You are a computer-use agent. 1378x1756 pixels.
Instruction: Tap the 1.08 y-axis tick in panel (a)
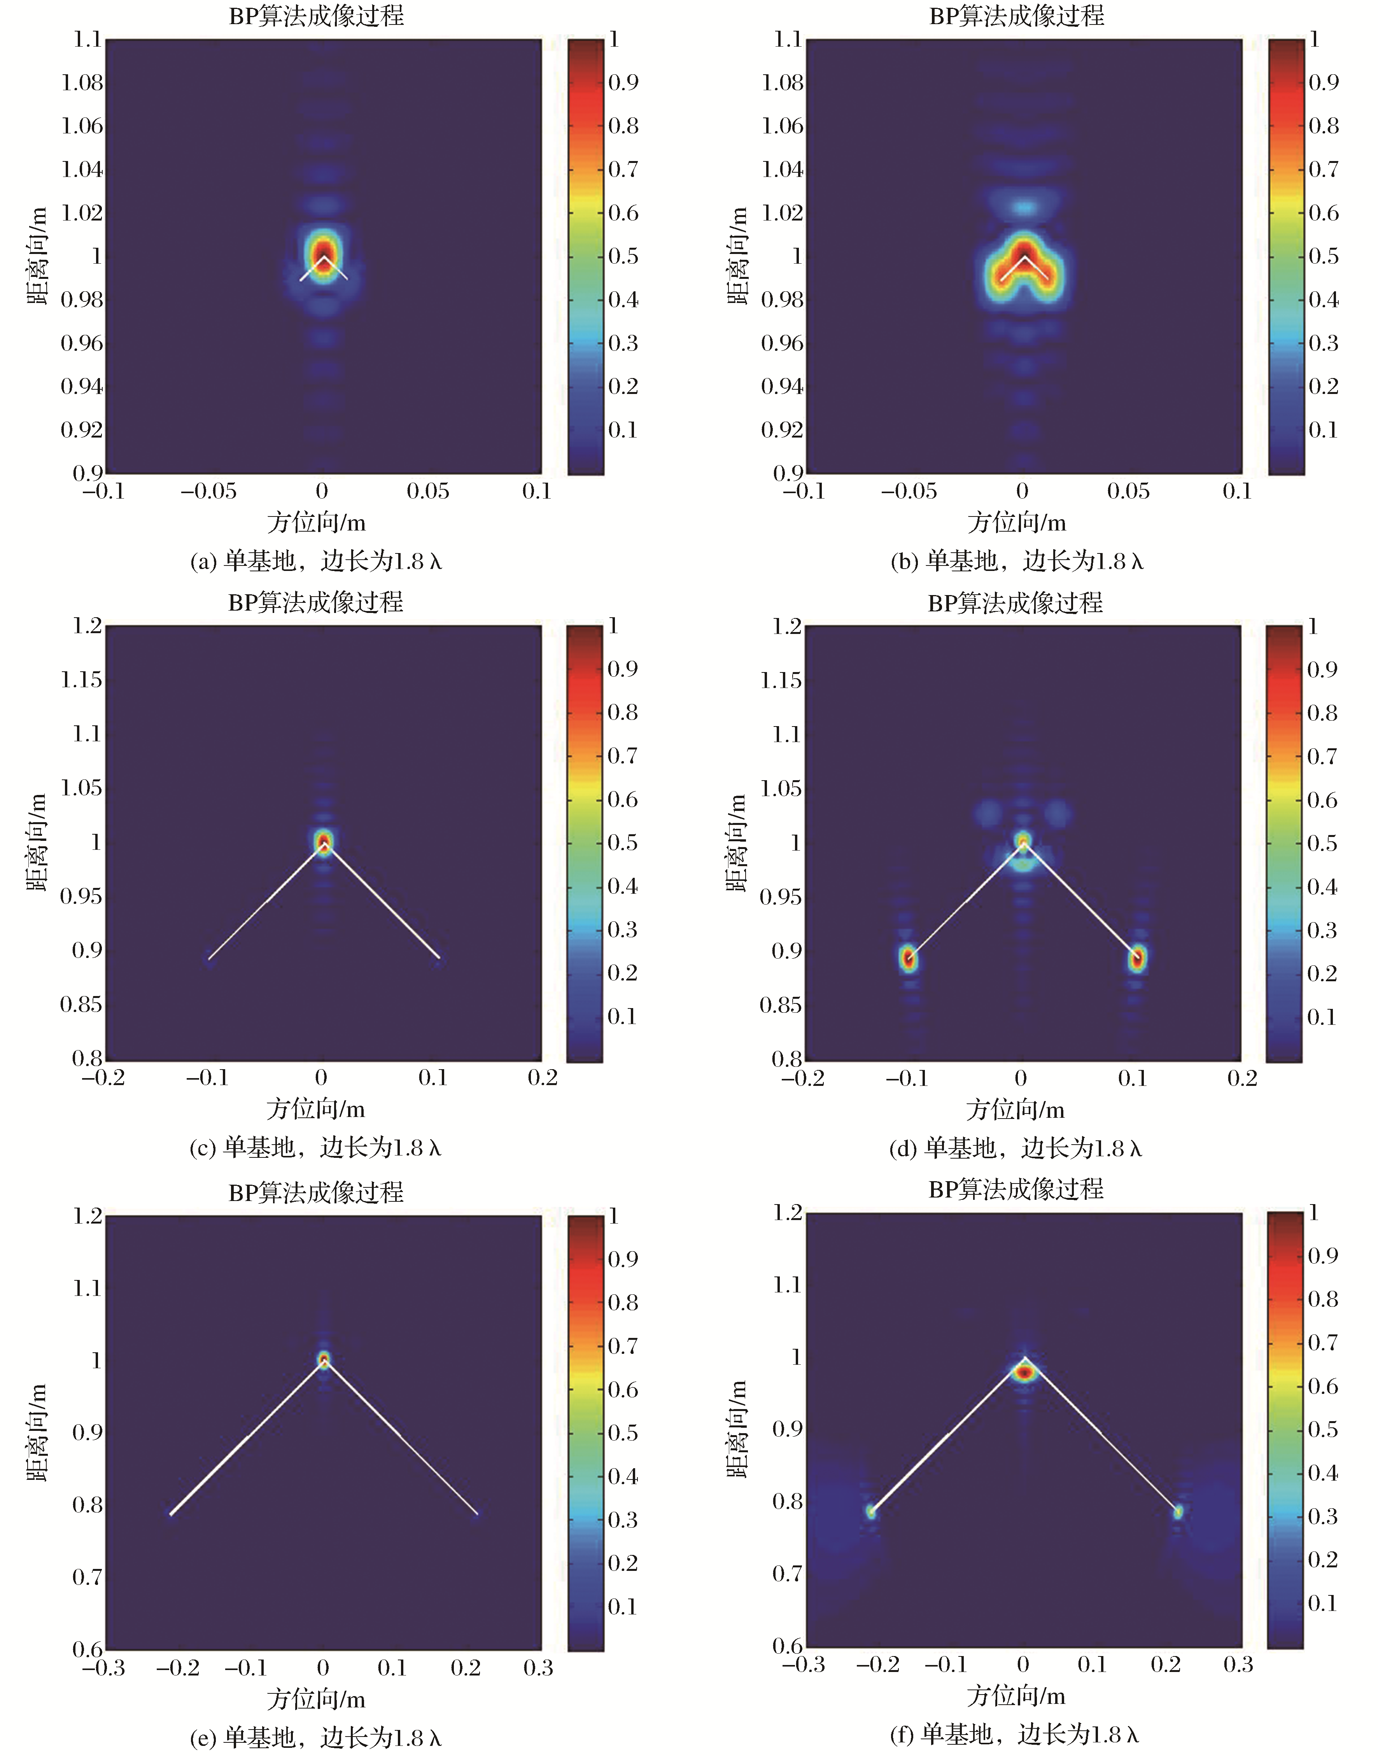pyautogui.click(x=82, y=83)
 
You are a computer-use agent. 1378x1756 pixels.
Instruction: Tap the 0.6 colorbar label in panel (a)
pyautogui.click(x=623, y=213)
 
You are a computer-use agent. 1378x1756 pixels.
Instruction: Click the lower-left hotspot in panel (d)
pyautogui.click(x=909, y=958)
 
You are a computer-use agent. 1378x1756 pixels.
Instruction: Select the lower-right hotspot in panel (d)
pyautogui.click(x=1137, y=958)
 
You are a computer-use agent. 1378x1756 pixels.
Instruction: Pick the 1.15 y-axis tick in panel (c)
pyautogui.click(x=82, y=680)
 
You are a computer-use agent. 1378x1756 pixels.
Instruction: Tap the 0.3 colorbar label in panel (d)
pyautogui.click(x=1322, y=930)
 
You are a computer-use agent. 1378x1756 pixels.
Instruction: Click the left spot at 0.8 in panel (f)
pyautogui.click(x=870, y=1511)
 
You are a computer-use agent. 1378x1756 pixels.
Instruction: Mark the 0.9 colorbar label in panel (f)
pyautogui.click(x=1322, y=1255)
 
